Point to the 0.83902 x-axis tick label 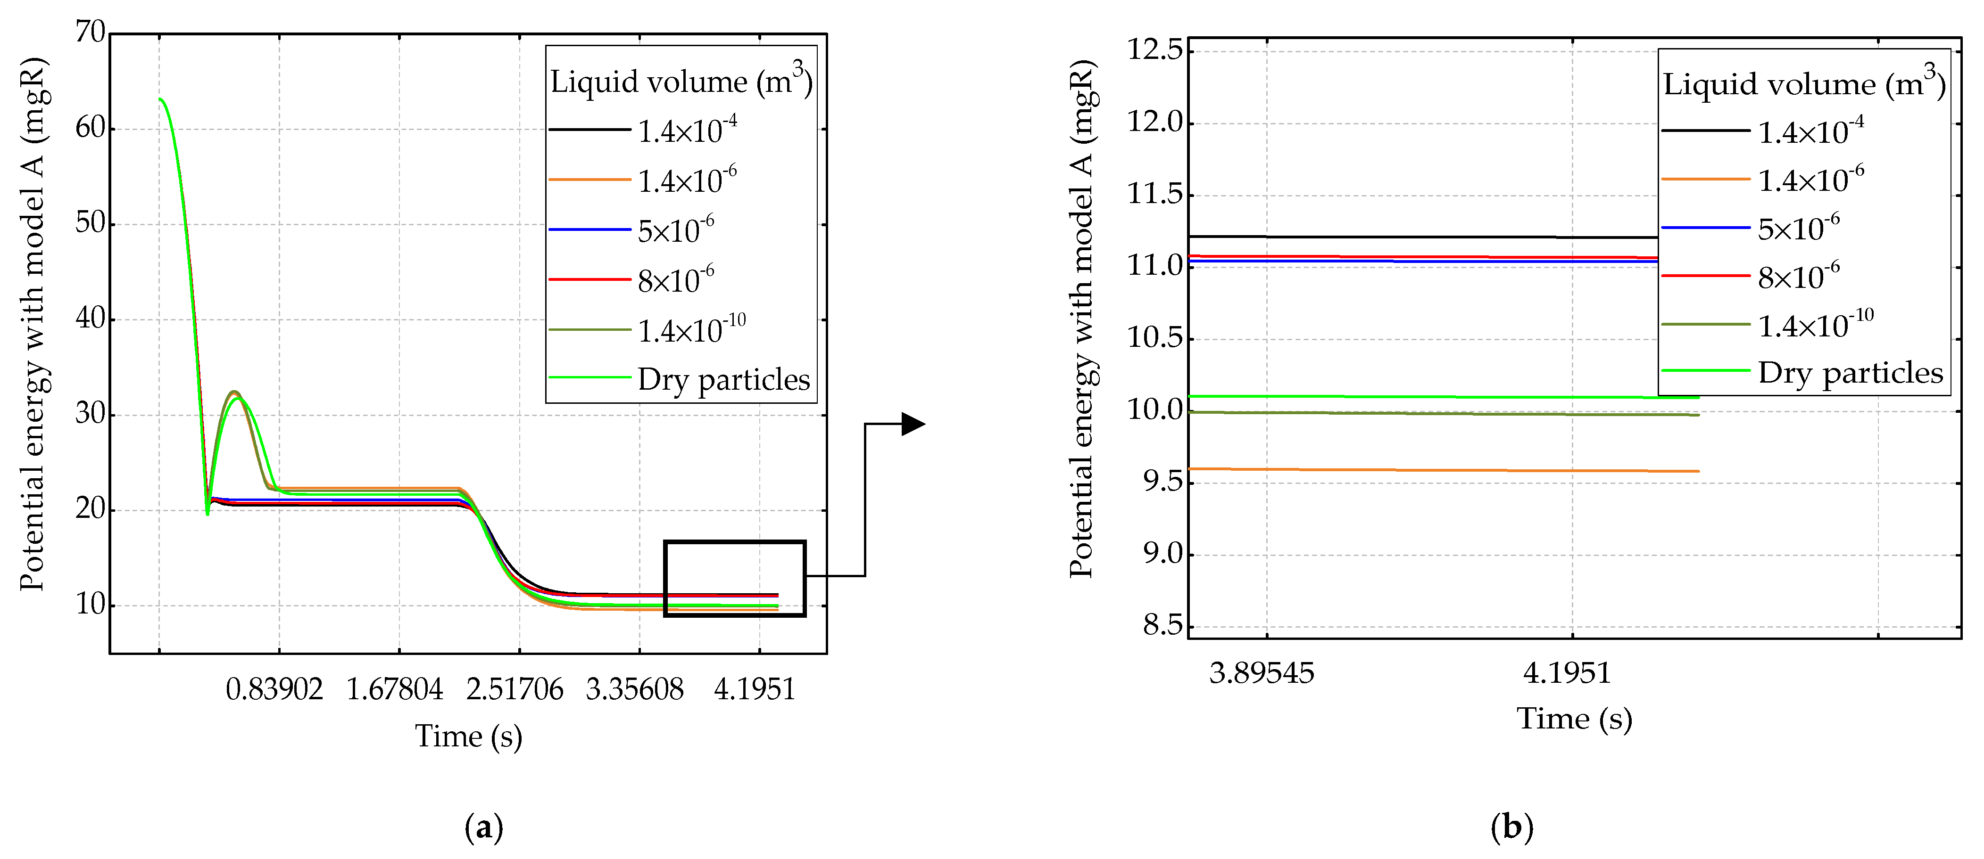click(274, 689)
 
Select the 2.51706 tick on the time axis click(515, 689)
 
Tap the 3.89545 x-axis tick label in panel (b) click(1262, 673)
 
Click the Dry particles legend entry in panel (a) click(723, 379)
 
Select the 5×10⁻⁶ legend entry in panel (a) click(675, 230)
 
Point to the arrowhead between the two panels click(913, 423)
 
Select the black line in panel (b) click(1425, 236)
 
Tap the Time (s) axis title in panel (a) click(468, 736)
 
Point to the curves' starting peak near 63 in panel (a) click(160, 99)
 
